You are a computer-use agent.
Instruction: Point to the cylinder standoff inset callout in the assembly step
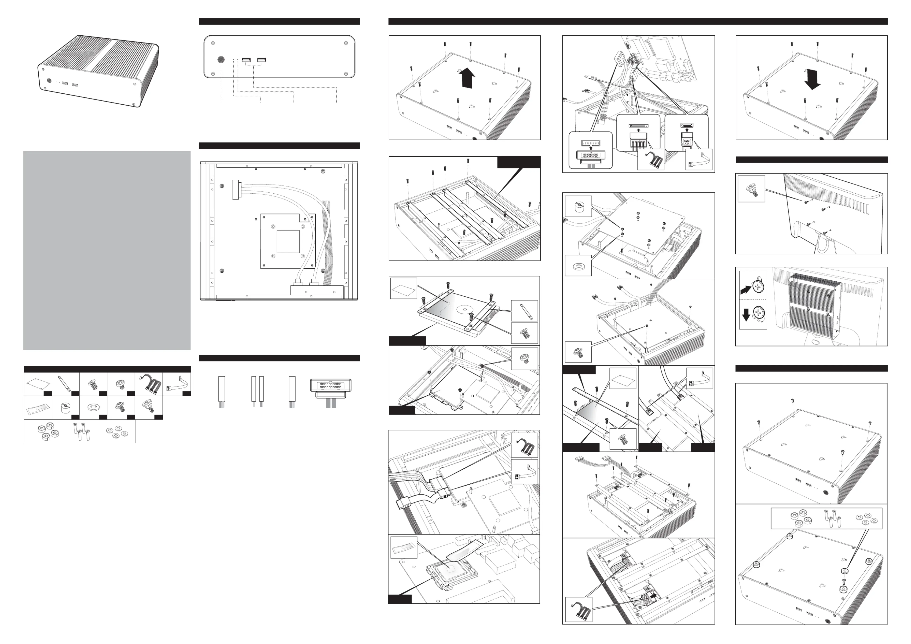578,206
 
